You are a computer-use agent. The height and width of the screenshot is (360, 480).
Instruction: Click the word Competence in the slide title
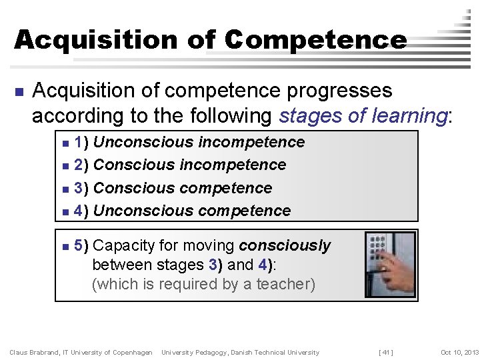[x=315, y=39]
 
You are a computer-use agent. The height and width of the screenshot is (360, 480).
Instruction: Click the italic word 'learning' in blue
[x=409, y=116]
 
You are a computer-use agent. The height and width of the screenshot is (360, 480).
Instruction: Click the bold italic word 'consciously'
[x=285, y=246]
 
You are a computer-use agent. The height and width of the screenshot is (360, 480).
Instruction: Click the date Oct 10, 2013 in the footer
[x=459, y=352]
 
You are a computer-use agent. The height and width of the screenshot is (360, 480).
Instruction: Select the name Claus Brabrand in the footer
[x=34, y=352]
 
